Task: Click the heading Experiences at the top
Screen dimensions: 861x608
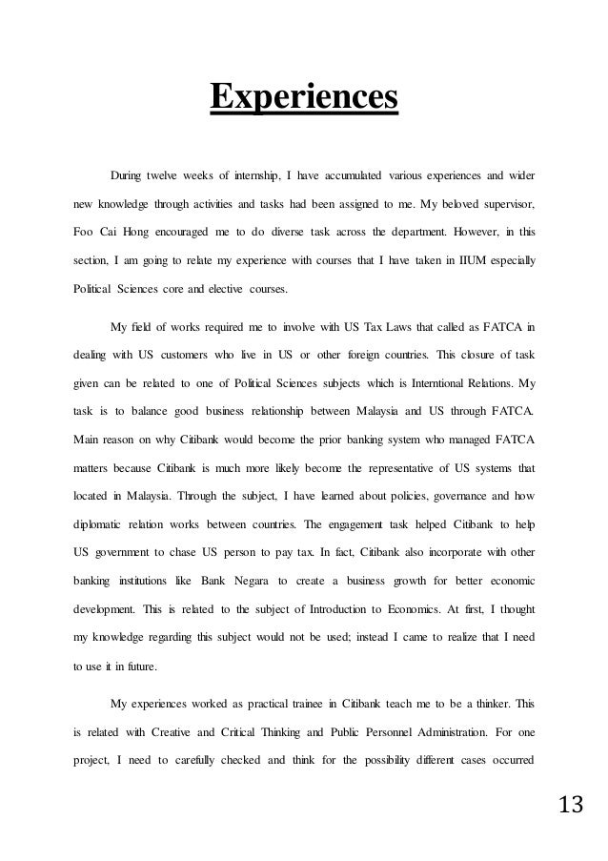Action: [x=303, y=97]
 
